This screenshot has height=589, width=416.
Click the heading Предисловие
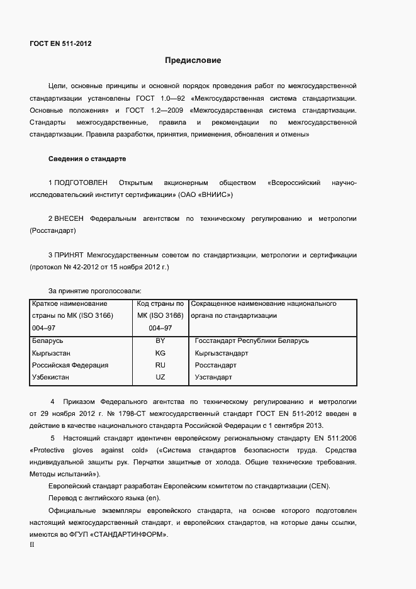pyautogui.click(x=193, y=60)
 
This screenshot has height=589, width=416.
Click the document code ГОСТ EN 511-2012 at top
pyautogui.click(x=60, y=43)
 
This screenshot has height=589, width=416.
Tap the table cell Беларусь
pyautogui.click(x=47, y=340)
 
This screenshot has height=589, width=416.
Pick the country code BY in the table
pyautogui.click(x=160, y=340)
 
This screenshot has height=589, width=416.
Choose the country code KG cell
pyautogui.click(x=160, y=353)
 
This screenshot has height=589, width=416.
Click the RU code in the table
pyautogui.click(x=160, y=365)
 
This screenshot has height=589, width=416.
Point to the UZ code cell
pyautogui.click(x=160, y=378)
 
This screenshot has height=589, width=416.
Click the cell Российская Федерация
pyautogui.click(x=70, y=365)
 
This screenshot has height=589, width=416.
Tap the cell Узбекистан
pyautogui.click(x=50, y=378)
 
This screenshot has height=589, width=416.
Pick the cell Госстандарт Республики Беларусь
pyautogui.click(x=252, y=340)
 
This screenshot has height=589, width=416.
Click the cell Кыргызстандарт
pyautogui.click(x=222, y=353)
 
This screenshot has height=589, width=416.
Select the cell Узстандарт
pyautogui.click(x=213, y=378)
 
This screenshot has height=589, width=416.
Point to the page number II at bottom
pyautogui.click(x=32, y=545)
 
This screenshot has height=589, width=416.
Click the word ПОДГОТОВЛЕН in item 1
pyautogui.click(x=81, y=183)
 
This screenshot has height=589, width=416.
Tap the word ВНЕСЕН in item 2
pyautogui.click(x=69, y=219)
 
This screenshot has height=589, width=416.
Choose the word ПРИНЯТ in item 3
pyautogui.click(x=69, y=255)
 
